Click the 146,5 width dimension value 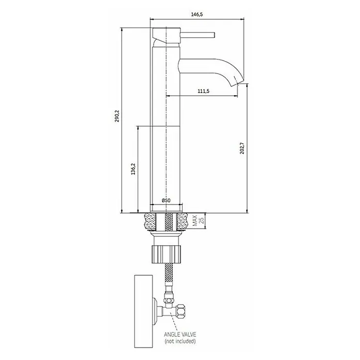(197, 14)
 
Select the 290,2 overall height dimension (117, 116)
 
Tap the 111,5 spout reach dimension (203, 91)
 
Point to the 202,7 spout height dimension (242, 148)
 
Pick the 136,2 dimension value (133, 169)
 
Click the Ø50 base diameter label (166, 200)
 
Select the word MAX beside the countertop (195, 220)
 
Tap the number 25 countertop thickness (202, 220)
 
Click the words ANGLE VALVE (180, 334)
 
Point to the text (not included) (180, 341)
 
